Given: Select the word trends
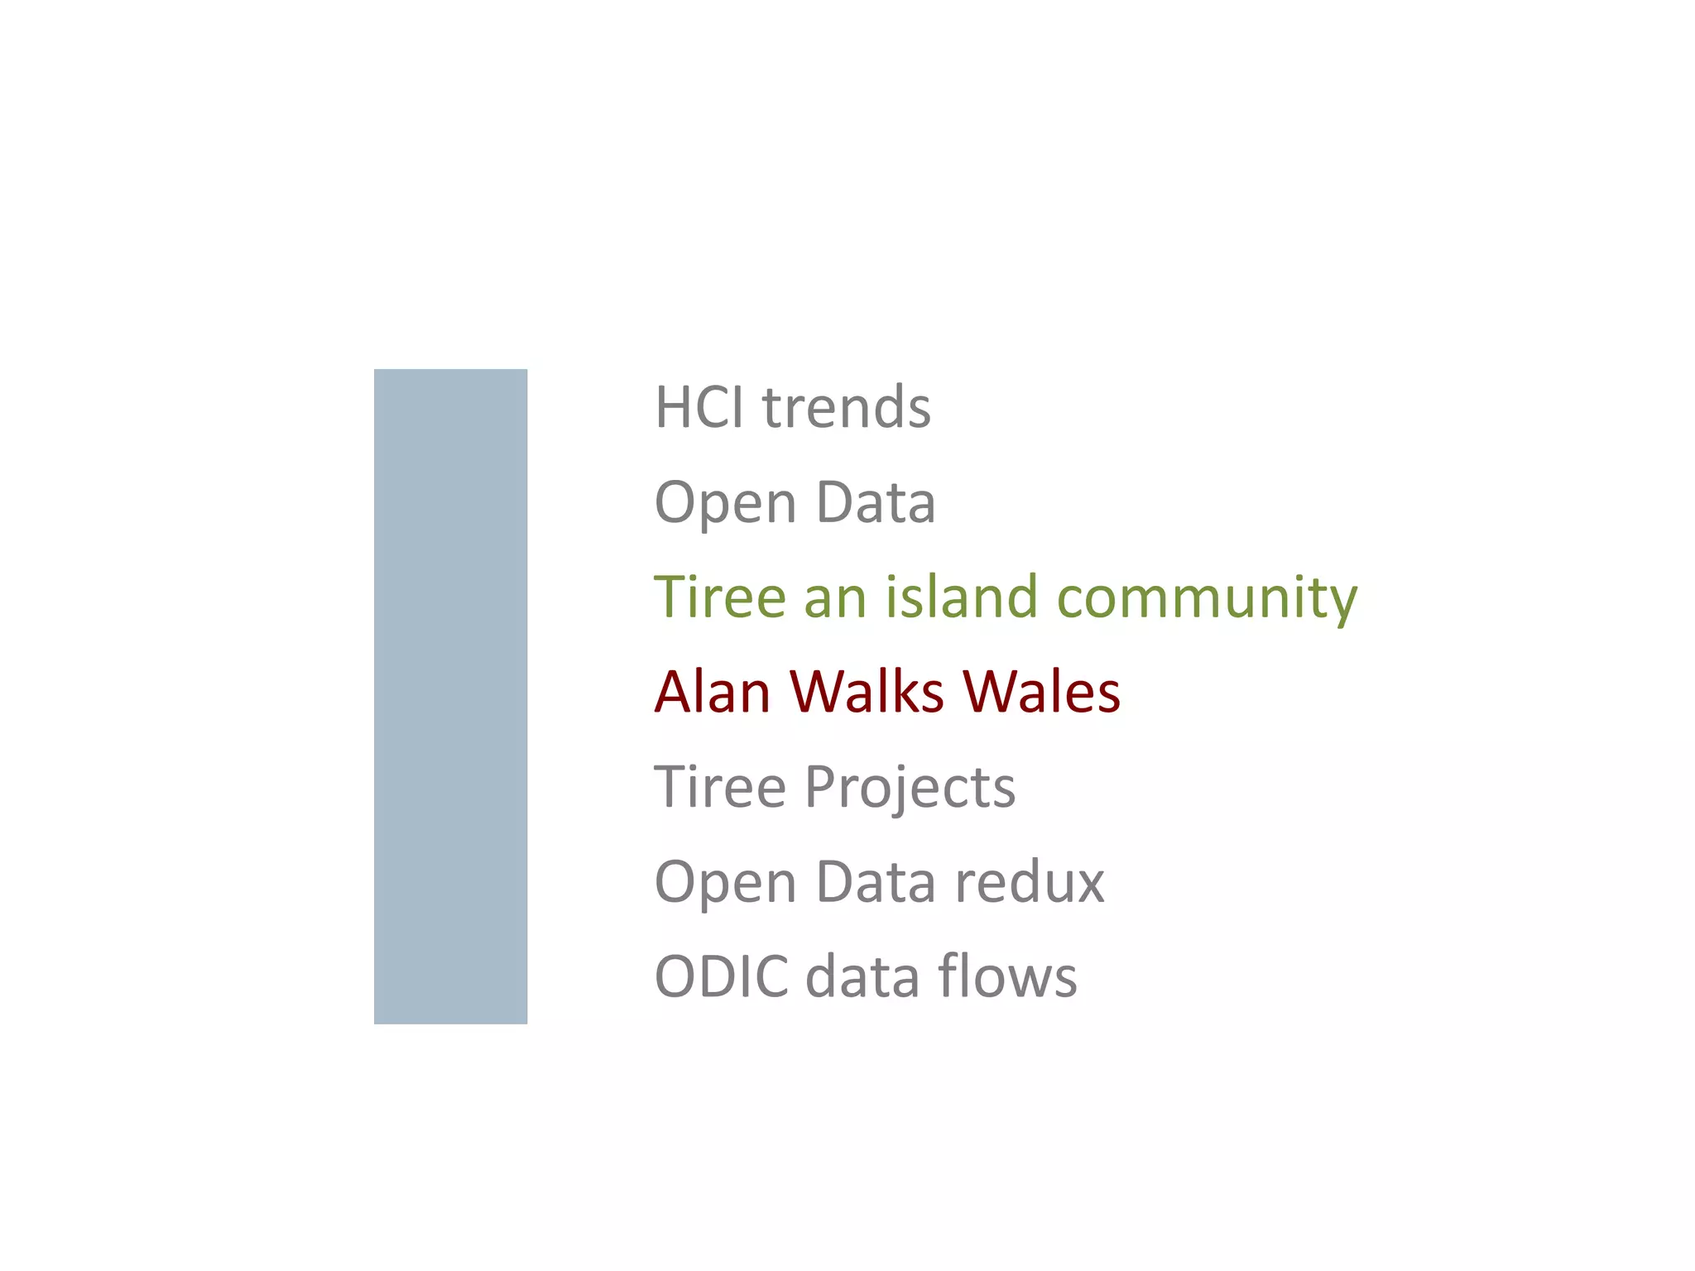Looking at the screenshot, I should coord(846,408).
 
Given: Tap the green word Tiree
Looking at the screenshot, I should coord(719,597).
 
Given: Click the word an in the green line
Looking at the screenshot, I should coord(834,598).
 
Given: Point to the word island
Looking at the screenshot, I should coord(961,597).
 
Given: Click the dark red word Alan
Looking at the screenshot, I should coord(713,692).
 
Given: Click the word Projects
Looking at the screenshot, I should coord(910,789).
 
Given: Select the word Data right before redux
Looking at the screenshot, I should coord(876,881).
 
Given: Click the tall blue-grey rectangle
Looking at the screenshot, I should coord(450,696).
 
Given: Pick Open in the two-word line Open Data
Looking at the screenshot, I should coord(725,504).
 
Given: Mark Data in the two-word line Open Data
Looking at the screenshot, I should coord(876,502).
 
